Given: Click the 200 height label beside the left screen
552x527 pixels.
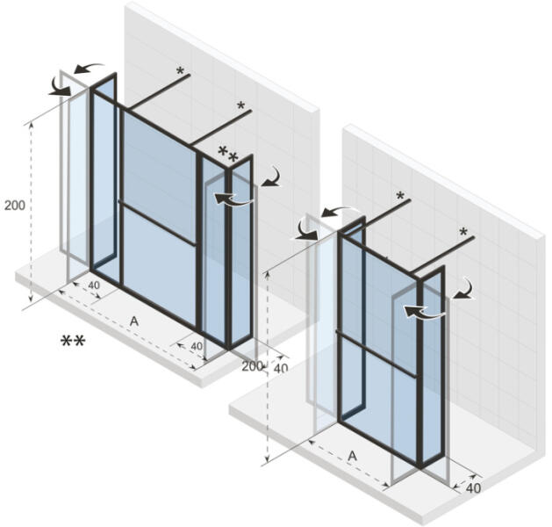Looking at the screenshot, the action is (x=15, y=205).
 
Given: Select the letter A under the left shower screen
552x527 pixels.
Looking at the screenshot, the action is (x=134, y=321).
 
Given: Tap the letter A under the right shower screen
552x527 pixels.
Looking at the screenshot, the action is (x=353, y=456).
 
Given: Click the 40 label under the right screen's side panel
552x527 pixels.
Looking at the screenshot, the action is (x=473, y=487).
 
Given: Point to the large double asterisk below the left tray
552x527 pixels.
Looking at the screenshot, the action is (x=73, y=341).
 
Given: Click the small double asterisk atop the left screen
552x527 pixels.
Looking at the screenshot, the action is (x=228, y=155).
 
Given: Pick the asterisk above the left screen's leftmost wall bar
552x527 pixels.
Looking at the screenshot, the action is (x=180, y=71).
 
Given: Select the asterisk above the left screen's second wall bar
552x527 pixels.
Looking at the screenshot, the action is (x=241, y=105).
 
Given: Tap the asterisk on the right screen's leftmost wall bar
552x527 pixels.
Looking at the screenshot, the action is (x=400, y=196).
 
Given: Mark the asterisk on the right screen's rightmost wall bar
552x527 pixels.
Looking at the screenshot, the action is (x=463, y=232).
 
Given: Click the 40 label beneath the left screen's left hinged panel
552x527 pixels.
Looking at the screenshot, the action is (x=94, y=285).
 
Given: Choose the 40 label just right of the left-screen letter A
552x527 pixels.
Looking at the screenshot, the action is (x=197, y=346).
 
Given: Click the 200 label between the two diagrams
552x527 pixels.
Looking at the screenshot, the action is (x=252, y=366).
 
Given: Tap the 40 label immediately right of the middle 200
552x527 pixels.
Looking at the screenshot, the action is (x=281, y=369).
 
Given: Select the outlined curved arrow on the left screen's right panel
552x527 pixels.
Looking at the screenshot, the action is (x=233, y=199).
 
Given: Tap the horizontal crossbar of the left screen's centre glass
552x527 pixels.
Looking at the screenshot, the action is (x=157, y=223).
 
